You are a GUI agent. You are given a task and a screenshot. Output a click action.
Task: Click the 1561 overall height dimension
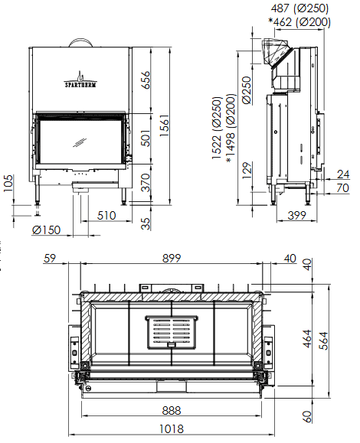coord(164,125)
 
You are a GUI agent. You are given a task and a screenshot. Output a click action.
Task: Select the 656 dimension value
coord(146,80)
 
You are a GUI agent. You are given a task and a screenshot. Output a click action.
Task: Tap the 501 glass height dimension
coord(146,138)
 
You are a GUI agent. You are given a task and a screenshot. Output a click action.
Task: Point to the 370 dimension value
coord(146,183)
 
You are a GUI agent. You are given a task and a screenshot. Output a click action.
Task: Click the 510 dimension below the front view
coord(106,216)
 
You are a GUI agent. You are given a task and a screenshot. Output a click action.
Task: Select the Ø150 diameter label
coord(46,230)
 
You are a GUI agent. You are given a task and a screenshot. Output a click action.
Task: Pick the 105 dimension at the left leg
coord(8,184)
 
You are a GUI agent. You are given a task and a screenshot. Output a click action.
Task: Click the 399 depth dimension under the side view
coord(296,216)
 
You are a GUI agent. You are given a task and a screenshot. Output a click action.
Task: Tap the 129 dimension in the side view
coord(247,170)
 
